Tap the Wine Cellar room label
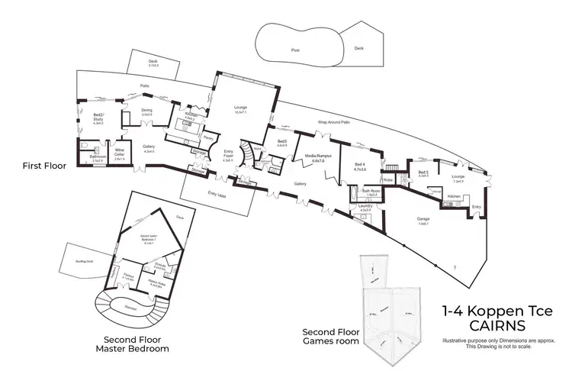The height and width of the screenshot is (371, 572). tap(120, 153)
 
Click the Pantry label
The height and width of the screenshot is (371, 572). tap(207, 138)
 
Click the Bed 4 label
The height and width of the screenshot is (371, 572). tap(362, 168)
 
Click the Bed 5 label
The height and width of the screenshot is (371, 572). tap(423, 173)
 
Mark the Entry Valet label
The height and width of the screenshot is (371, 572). tap(217, 195)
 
